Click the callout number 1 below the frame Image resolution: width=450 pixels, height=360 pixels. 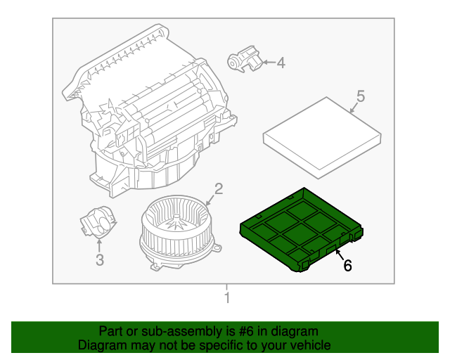coord(226,299)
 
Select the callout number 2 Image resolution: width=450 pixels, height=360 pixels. coord(219,188)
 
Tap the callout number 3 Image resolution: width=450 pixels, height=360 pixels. coord(99,261)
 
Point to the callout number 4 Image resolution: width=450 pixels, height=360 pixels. coord(281,63)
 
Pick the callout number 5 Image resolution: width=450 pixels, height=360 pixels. coord(360,96)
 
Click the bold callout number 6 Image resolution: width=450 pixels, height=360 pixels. coord(347,265)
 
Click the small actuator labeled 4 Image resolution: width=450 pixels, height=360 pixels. coord(243,60)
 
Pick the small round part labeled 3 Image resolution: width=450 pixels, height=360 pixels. coord(98,224)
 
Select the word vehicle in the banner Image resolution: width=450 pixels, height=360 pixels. coord(310,345)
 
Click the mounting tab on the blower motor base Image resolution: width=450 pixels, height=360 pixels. coord(218,247)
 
